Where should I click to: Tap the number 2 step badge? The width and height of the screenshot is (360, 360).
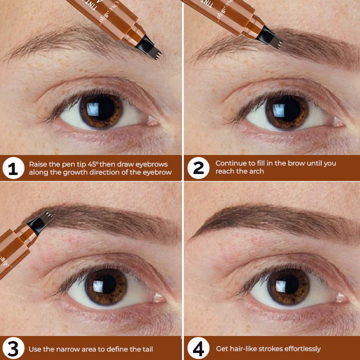click(x=198, y=168)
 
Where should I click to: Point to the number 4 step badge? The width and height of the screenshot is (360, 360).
click(x=198, y=348)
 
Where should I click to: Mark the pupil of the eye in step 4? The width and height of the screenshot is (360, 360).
click(x=288, y=286)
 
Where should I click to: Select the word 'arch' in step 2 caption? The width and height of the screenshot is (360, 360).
click(x=256, y=171)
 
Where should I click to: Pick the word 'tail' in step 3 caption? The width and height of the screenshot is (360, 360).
click(x=145, y=348)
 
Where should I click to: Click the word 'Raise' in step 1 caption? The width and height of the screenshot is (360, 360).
click(x=37, y=164)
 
